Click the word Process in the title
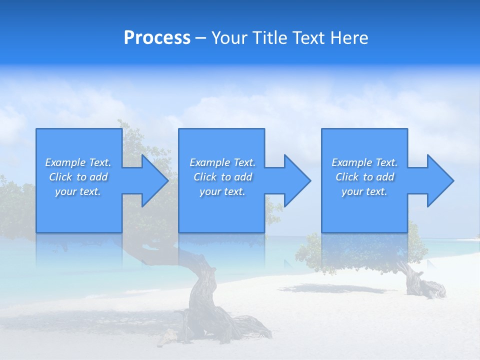(x=157, y=38)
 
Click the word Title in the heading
(x=268, y=38)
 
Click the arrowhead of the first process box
(x=155, y=180)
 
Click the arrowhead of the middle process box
(x=297, y=180)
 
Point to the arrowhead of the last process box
(x=440, y=180)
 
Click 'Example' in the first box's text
(x=65, y=162)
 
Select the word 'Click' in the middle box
(x=204, y=177)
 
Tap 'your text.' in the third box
(x=364, y=191)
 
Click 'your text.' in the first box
(x=78, y=191)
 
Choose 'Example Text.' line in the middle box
(x=222, y=162)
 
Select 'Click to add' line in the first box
(x=78, y=177)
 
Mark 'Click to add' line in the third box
(x=365, y=177)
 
